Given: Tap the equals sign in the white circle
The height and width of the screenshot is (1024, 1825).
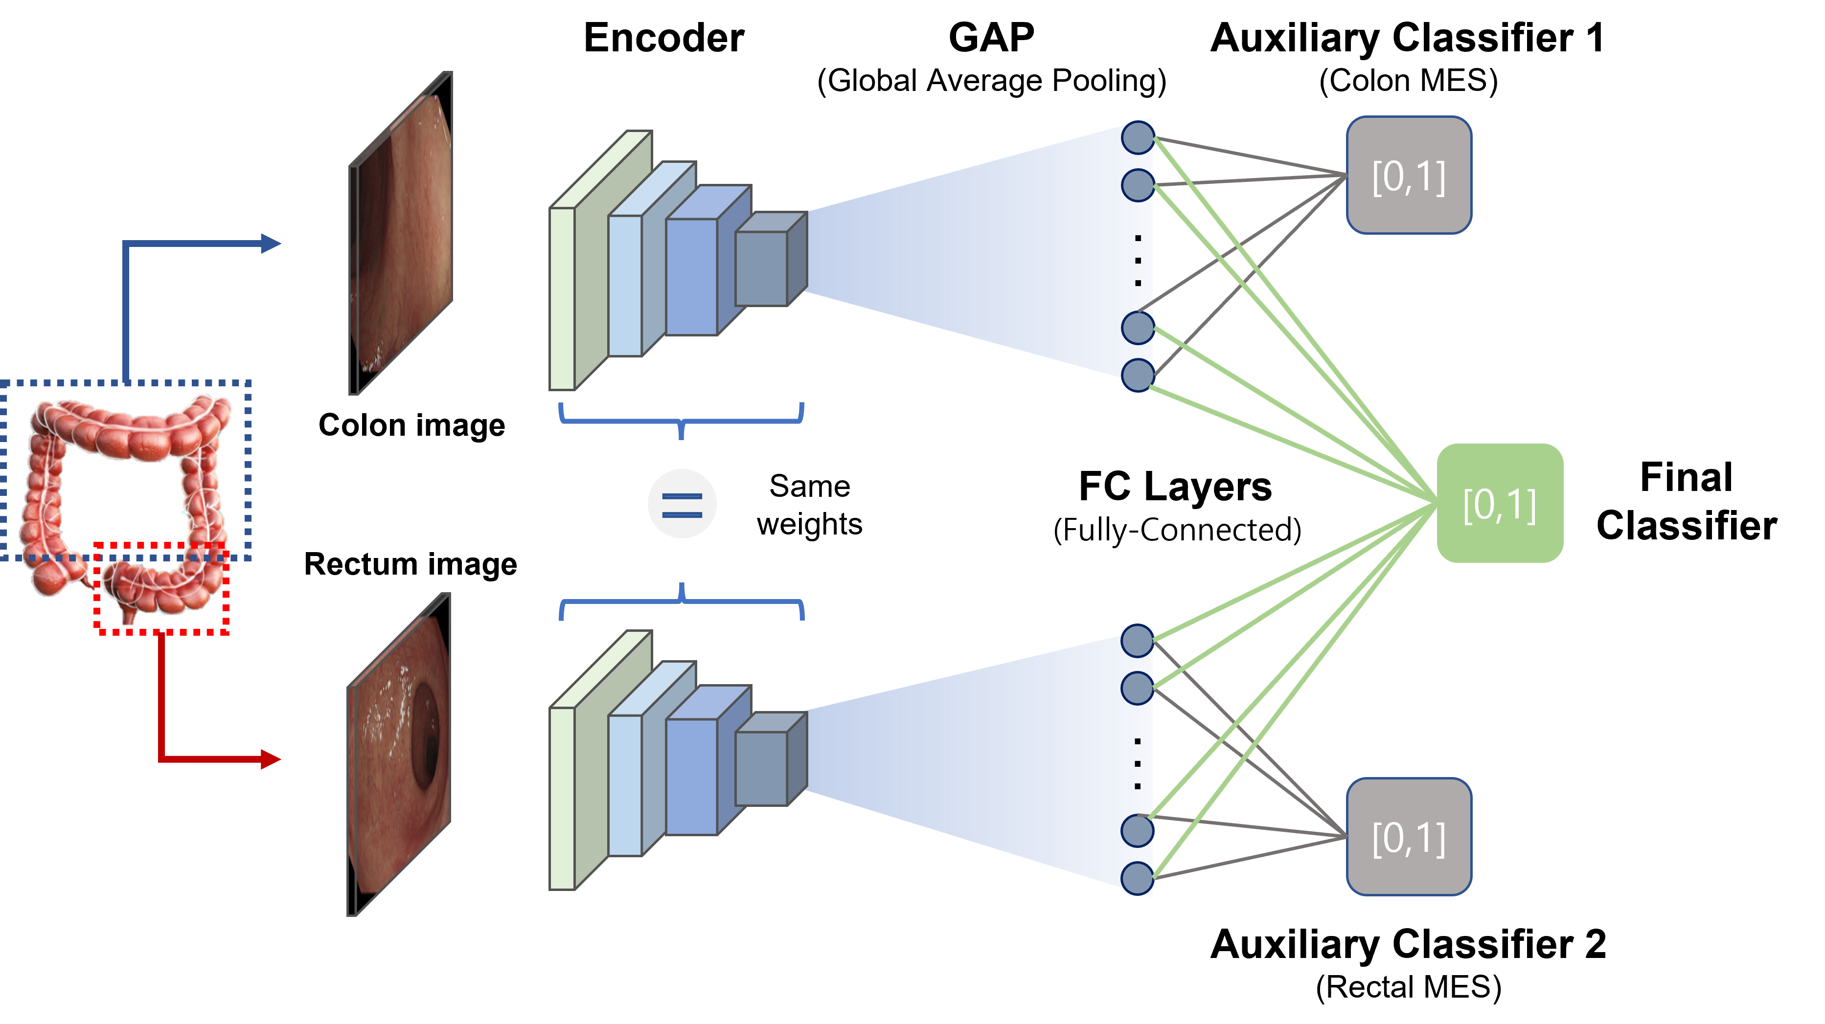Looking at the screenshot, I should [x=682, y=504].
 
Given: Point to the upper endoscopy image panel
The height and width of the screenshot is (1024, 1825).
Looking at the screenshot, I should [x=401, y=234].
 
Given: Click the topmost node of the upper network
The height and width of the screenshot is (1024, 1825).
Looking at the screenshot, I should [x=1138, y=137].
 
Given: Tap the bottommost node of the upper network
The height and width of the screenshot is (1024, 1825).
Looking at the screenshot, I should [x=1138, y=375].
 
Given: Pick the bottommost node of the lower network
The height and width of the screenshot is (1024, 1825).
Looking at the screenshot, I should [x=1138, y=878].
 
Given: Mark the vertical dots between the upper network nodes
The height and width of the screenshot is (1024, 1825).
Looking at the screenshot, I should [x=1138, y=261].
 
